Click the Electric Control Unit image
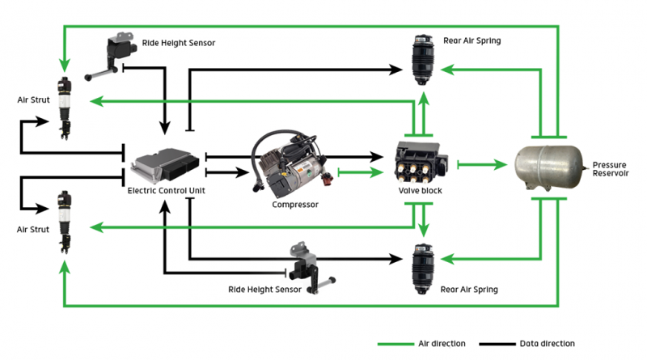165,165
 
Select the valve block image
421,163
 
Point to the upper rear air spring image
423,60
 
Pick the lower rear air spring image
423,269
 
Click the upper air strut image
65,108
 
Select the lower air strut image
65,222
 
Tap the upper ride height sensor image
111,56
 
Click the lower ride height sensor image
311,268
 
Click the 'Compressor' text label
295,205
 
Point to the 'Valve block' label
420,191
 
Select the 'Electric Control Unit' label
167,191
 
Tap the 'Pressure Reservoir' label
611,169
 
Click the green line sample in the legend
395,344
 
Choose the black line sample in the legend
497,344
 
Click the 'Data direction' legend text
548,344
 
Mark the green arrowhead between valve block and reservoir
501,165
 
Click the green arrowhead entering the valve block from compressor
377,172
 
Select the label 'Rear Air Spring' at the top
472,40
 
